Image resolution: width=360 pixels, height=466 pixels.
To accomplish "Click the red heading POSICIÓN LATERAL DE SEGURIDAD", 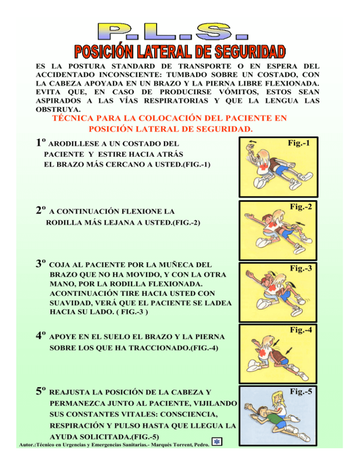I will [x=179, y=50].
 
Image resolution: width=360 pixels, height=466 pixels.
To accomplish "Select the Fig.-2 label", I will [x=300, y=206].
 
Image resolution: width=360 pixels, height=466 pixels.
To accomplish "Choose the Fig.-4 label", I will [x=300, y=330].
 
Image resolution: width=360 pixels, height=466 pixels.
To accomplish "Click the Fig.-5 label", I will [x=300, y=391].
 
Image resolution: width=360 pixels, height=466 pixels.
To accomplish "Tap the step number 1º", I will [x=40, y=143].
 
